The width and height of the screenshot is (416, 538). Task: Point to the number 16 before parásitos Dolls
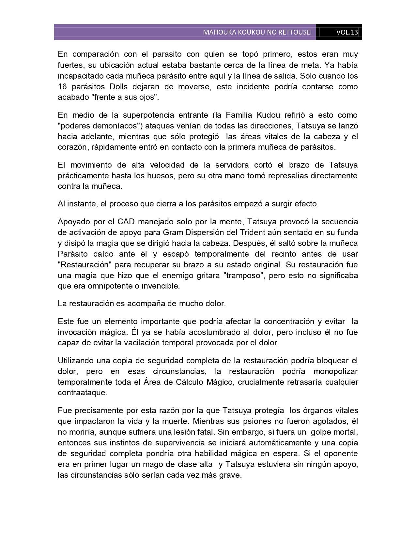tap(62, 87)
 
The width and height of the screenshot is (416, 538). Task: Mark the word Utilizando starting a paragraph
tap(76, 361)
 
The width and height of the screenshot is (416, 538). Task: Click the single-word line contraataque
tap(82, 393)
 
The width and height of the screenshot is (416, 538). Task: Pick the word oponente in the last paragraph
tap(338, 454)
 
